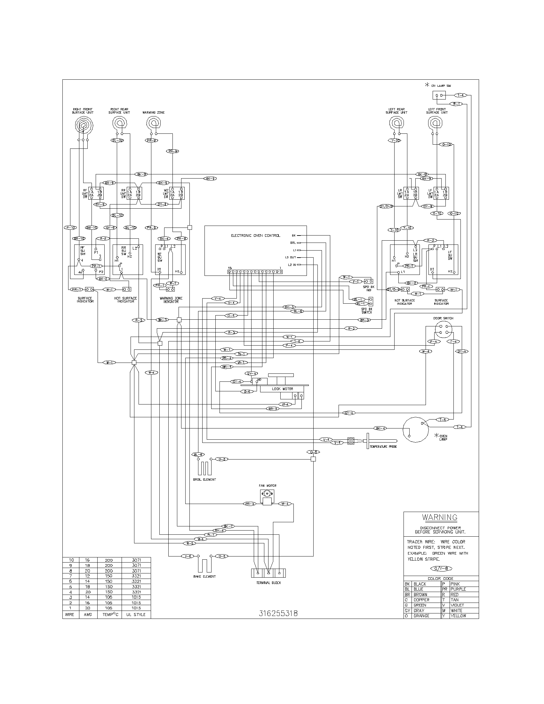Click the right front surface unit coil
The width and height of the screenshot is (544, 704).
tap(84, 124)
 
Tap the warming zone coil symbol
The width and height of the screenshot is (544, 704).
tap(153, 123)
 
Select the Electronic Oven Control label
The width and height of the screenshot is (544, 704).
tap(256, 236)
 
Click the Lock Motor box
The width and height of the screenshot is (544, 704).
tap(282, 389)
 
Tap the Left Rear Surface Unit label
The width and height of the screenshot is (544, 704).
tap(396, 111)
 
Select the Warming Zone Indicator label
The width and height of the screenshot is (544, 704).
tap(171, 300)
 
